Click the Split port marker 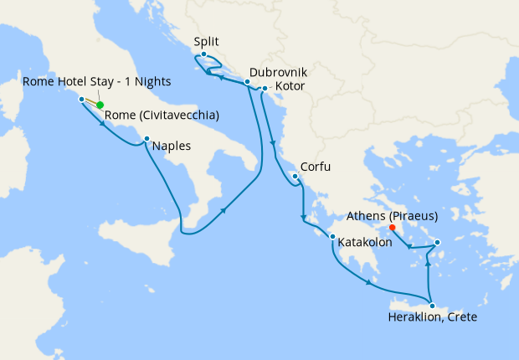pyautogui.click(x=203, y=54)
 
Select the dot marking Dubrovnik pyautogui.click(x=247, y=82)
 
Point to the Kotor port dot pyautogui.click(x=265, y=88)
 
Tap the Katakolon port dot pyautogui.click(x=332, y=238)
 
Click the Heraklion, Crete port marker pyautogui.click(x=432, y=305)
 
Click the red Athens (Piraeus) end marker pyautogui.click(x=393, y=225)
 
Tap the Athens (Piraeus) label pyautogui.click(x=393, y=215)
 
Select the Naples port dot pyautogui.click(x=146, y=139)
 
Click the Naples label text pyautogui.click(x=171, y=146)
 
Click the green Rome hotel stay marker pyautogui.click(x=100, y=105)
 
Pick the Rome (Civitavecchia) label pyautogui.click(x=162, y=116)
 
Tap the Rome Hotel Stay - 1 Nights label pyautogui.click(x=96, y=81)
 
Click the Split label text pyautogui.click(x=207, y=40)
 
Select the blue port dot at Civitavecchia pyautogui.click(x=81, y=99)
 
